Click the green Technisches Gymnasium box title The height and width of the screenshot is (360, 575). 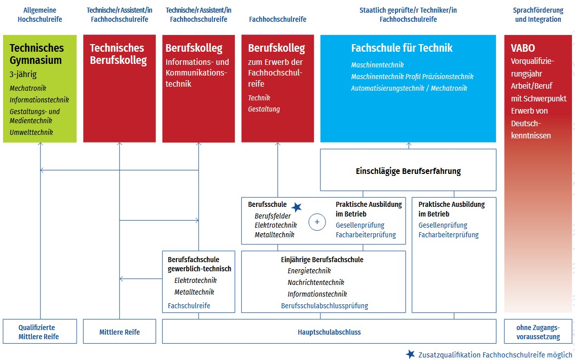pos(37,54)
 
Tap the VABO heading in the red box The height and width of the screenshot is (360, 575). pos(523,49)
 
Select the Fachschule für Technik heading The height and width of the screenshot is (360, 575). pos(402,48)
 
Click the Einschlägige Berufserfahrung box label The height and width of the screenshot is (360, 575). pos(408,171)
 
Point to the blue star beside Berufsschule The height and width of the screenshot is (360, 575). pos(297,207)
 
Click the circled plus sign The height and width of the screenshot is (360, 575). pos(317,222)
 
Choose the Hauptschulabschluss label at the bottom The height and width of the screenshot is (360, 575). pos(329,332)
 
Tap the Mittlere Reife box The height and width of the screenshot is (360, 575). pos(119,332)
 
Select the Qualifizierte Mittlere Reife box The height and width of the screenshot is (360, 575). pos(40,332)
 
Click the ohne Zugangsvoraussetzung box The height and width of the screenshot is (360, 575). pos(538,332)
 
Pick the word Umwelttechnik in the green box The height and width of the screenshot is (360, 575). pos(31,132)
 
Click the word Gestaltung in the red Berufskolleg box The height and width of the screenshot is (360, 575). pos(264,109)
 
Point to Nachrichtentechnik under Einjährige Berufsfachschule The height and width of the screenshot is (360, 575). pos(315,282)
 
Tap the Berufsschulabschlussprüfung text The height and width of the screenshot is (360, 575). pos(325,306)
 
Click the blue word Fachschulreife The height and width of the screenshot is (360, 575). pos(189,306)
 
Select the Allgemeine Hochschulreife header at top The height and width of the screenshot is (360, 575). pos(40,15)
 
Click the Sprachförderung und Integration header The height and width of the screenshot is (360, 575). pos(538,15)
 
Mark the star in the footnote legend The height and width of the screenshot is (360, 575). pos(410,354)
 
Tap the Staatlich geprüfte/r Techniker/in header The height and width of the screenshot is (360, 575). pos(408,10)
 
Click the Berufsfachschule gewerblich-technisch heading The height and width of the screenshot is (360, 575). pos(199,264)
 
